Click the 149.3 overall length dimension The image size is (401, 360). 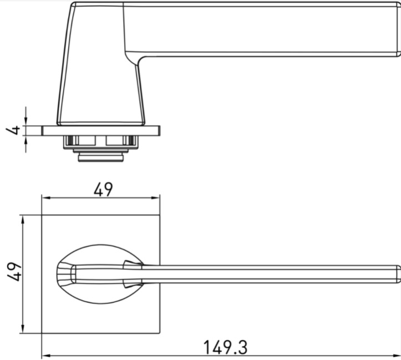226,347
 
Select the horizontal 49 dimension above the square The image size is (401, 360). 103,190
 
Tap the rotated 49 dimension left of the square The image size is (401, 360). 14,271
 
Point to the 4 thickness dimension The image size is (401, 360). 13,130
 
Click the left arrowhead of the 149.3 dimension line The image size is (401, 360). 45,356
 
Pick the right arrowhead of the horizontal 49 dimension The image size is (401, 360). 156,197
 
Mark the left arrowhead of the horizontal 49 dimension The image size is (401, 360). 46,197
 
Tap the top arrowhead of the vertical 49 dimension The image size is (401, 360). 23,219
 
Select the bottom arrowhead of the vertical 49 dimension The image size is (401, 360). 23,329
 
